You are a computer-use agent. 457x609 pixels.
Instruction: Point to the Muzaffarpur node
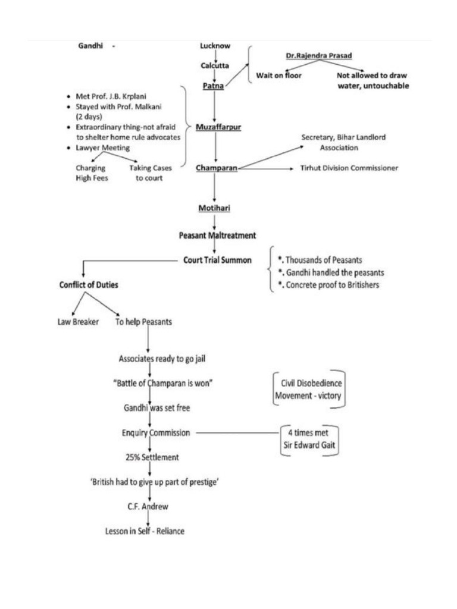click(x=218, y=127)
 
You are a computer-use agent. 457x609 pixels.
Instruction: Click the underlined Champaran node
click(x=217, y=168)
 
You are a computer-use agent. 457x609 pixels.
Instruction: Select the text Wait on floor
click(x=278, y=76)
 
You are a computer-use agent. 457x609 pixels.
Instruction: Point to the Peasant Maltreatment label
click(x=218, y=235)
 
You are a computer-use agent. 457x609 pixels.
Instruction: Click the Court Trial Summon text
click(x=217, y=260)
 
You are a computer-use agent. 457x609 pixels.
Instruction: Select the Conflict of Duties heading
click(x=89, y=285)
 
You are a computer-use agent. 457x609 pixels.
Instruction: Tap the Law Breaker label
click(x=74, y=322)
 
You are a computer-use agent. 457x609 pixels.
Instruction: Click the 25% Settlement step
click(x=152, y=458)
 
